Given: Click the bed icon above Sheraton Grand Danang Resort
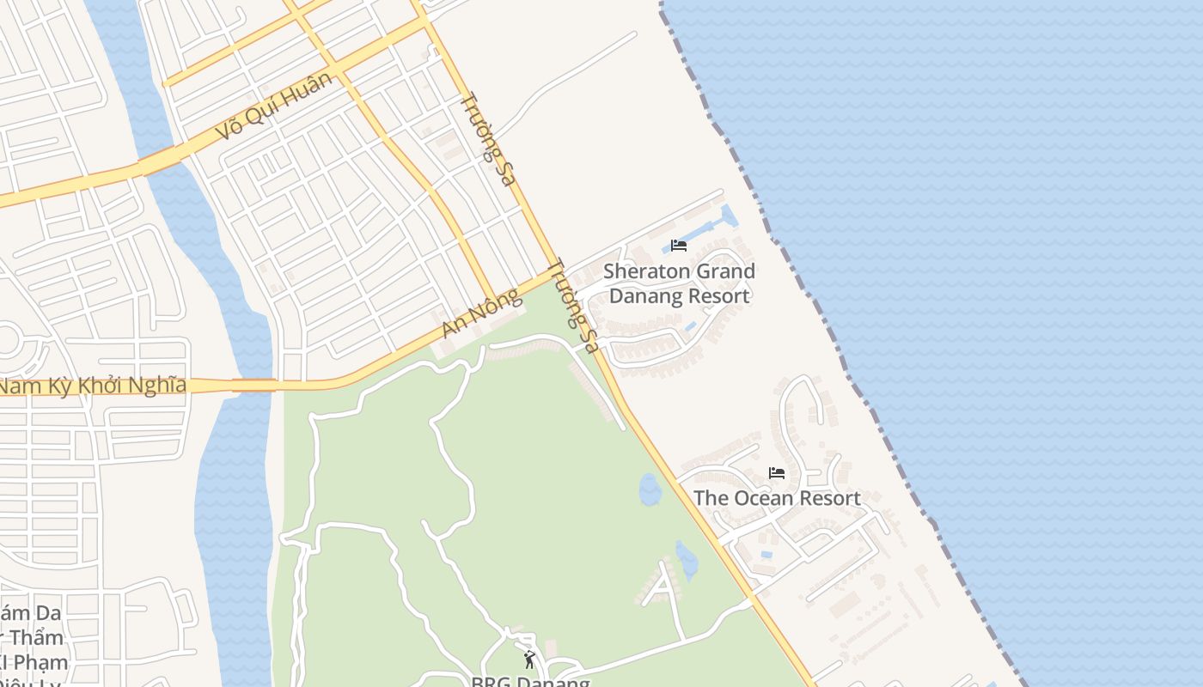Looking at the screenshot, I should (x=679, y=246).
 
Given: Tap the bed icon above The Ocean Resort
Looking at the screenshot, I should (x=777, y=473).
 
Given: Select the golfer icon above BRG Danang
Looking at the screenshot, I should (x=529, y=660).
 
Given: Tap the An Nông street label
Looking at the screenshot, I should (x=483, y=313).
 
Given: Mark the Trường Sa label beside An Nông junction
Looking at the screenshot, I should (x=572, y=307).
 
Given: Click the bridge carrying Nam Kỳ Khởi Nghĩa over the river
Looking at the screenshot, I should (x=253, y=386).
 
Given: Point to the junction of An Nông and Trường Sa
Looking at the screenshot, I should (x=554, y=271).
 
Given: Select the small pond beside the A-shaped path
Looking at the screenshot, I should (x=687, y=560).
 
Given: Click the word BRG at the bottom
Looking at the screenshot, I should (x=491, y=683).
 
